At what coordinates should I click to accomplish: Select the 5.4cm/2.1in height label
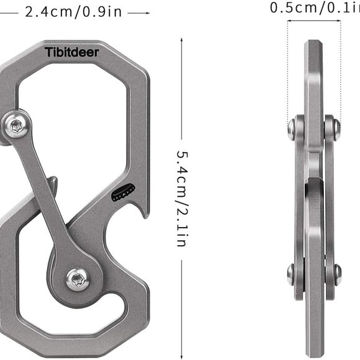(181, 199)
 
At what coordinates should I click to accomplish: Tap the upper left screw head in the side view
(292, 128)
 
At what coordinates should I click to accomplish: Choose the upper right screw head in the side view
(336, 128)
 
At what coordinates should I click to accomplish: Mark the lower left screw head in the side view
(291, 274)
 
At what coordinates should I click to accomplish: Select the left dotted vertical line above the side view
(287, 68)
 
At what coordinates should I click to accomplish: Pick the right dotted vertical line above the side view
(341, 68)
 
